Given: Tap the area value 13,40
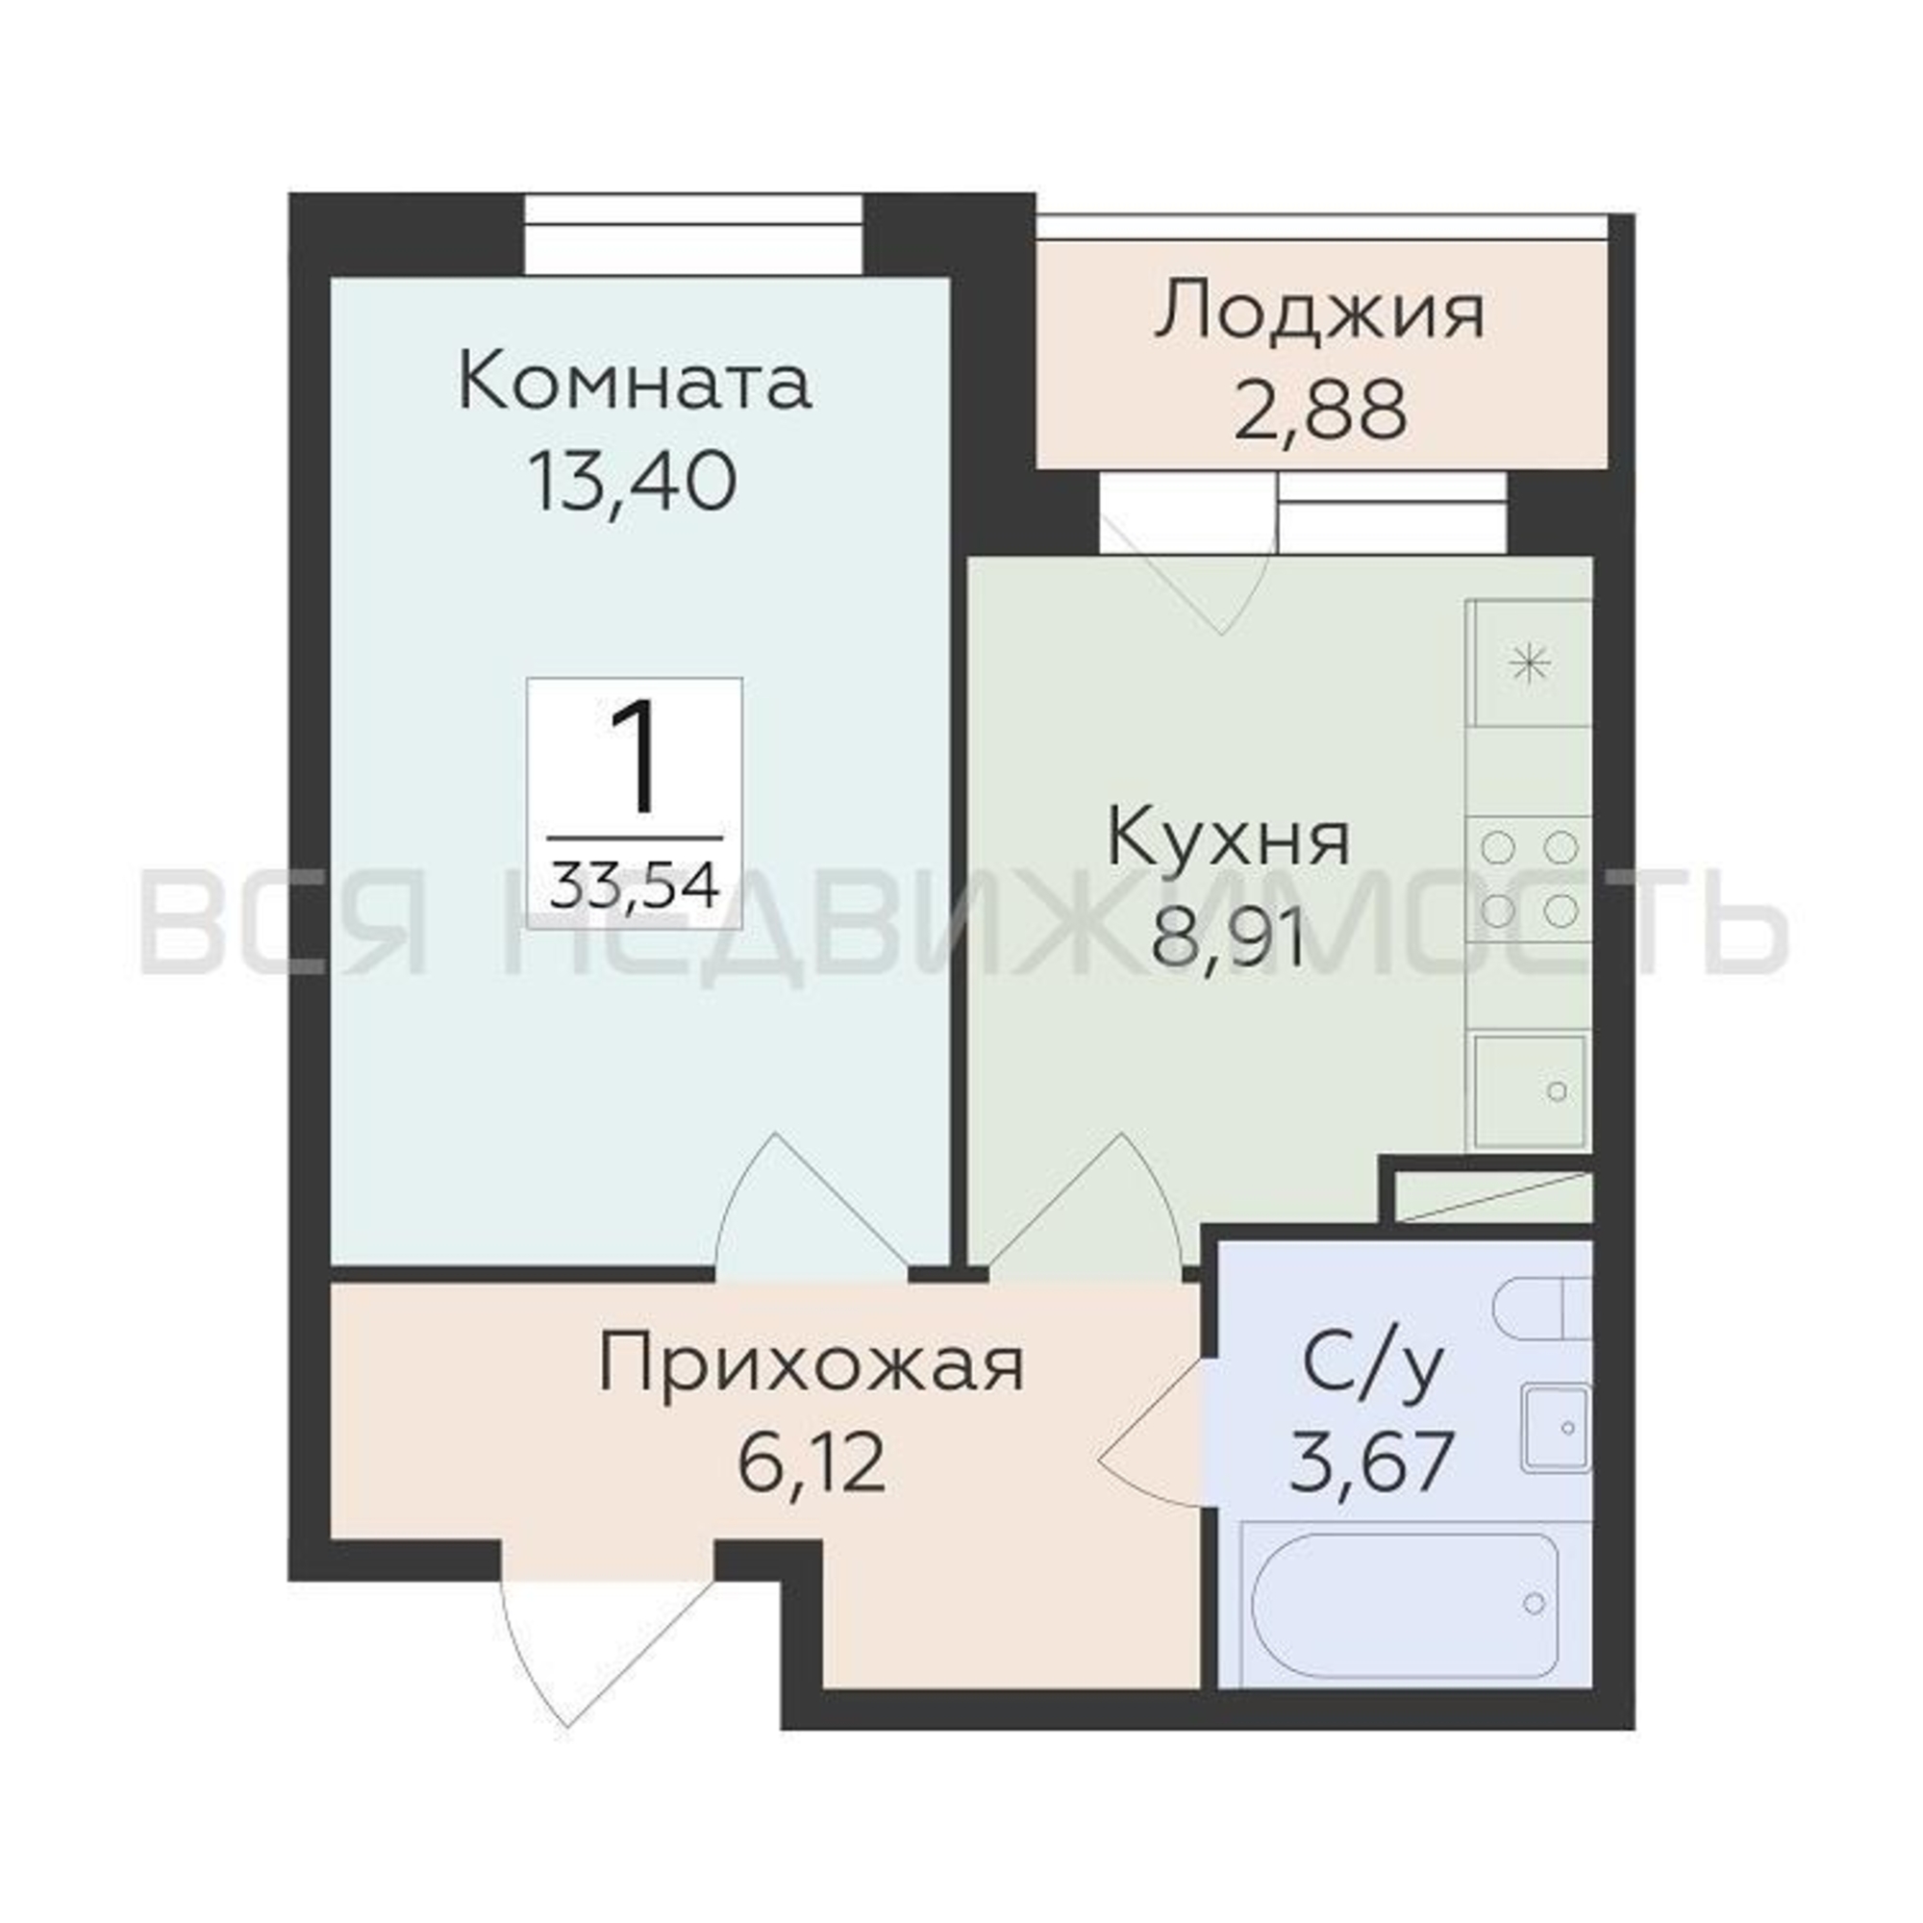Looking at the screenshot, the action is [x=633, y=482].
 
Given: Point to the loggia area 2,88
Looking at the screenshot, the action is [x=1321, y=411].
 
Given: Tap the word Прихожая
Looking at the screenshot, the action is [x=812, y=1367].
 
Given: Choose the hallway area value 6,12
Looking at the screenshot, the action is [x=812, y=1463].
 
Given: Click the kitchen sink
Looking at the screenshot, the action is [x=1530, y=1091].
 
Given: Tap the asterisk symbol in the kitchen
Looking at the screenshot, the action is [x=1531, y=663].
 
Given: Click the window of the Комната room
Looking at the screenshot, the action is [x=694, y=235].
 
